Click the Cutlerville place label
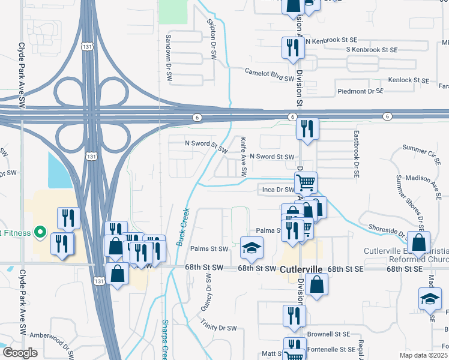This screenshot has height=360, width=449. pos(301,270)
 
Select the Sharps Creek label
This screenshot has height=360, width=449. pos(164,340)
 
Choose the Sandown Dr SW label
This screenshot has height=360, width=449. pos(169,57)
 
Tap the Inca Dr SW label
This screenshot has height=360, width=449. pos(278,189)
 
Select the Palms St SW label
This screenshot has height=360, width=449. pos(209,248)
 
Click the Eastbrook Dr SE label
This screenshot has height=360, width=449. pos(355,154)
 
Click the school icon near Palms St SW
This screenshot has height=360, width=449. pos(252,248)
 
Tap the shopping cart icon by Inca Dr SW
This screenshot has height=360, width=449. pos(306,182)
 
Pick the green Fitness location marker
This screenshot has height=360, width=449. pos(41,231)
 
